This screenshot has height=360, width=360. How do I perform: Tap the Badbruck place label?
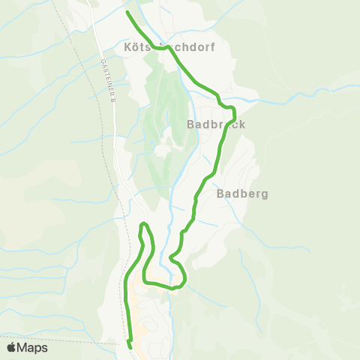point(216,124)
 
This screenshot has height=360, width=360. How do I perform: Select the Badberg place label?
point(242,193)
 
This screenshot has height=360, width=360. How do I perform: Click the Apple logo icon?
point(11,347)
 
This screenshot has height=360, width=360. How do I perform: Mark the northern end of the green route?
point(127,13)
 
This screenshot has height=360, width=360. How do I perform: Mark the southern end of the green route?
point(130,346)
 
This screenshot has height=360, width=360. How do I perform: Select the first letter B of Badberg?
point(221,193)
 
